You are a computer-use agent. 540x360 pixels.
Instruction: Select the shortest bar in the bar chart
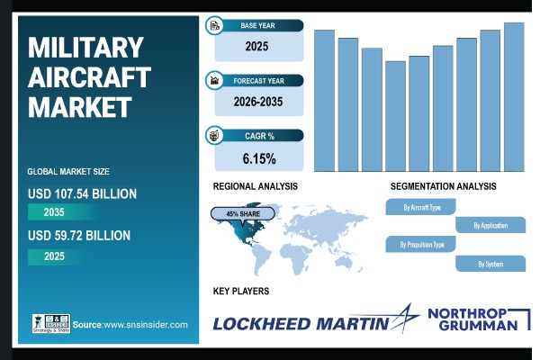coord(395,116)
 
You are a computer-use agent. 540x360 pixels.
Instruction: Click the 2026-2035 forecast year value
coord(258,102)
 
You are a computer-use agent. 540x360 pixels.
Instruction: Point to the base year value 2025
coord(258,44)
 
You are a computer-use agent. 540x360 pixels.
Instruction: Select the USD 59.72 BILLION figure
coord(79,236)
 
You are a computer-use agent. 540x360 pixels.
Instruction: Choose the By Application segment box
coord(490,225)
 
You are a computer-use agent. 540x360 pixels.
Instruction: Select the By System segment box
coord(490,264)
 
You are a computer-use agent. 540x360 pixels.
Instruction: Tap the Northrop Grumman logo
coord(473,319)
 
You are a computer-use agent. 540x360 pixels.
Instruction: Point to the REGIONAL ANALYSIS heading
coord(256,186)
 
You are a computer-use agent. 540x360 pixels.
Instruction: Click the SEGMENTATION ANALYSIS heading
coord(443,186)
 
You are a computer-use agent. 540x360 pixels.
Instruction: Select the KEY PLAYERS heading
coord(241,291)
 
